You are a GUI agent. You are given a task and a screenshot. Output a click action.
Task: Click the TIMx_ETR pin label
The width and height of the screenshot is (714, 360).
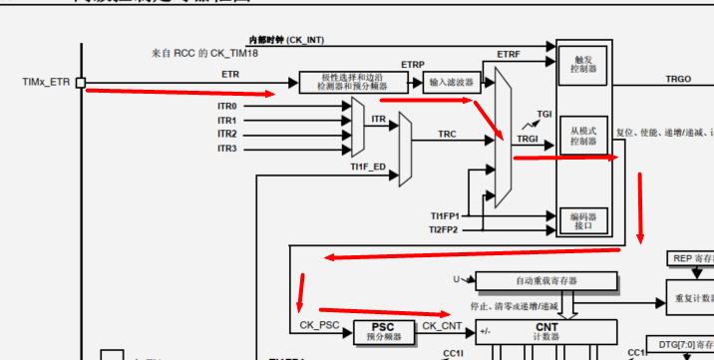pyautogui.click(x=46, y=81)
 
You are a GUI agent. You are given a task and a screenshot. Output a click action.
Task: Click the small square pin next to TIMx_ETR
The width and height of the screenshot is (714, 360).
pyautogui.click(x=80, y=82)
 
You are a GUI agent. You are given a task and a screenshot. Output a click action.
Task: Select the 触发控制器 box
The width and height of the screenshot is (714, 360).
pyautogui.click(x=583, y=66)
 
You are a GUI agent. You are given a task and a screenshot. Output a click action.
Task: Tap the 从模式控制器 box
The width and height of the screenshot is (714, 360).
pyautogui.click(x=583, y=136)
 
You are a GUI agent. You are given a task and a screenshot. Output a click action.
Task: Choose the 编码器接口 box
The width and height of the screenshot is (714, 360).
pyautogui.click(x=583, y=219)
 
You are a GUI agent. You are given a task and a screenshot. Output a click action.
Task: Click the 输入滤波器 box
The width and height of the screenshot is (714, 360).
pyautogui.click(x=450, y=81)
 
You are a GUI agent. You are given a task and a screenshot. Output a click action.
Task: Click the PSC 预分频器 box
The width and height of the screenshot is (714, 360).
pyautogui.click(x=383, y=330)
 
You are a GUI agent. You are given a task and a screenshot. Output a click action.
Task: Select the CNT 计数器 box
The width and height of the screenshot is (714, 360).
pyautogui.click(x=545, y=331)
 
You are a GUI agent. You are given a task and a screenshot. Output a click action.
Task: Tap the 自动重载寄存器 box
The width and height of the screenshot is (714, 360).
pyautogui.click(x=546, y=280)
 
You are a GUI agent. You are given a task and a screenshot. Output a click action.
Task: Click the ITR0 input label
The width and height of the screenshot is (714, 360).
pyautogui.click(x=227, y=106)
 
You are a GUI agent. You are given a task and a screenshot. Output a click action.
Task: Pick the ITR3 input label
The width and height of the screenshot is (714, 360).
pyautogui.click(x=227, y=149)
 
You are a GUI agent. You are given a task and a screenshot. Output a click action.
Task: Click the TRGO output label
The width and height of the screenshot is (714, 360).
pyautogui.click(x=677, y=79)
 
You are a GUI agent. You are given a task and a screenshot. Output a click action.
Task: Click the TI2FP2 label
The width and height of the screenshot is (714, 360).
pyautogui.click(x=444, y=229)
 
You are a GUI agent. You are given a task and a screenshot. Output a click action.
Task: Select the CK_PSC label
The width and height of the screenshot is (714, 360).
pyautogui.click(x=318, y=326)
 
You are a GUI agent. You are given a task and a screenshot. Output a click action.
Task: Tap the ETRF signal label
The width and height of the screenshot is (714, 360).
pyautogui.click(x=508, y=54)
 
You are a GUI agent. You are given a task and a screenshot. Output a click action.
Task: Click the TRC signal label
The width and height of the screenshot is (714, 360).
pyautogui.click(x=448, y=134)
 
